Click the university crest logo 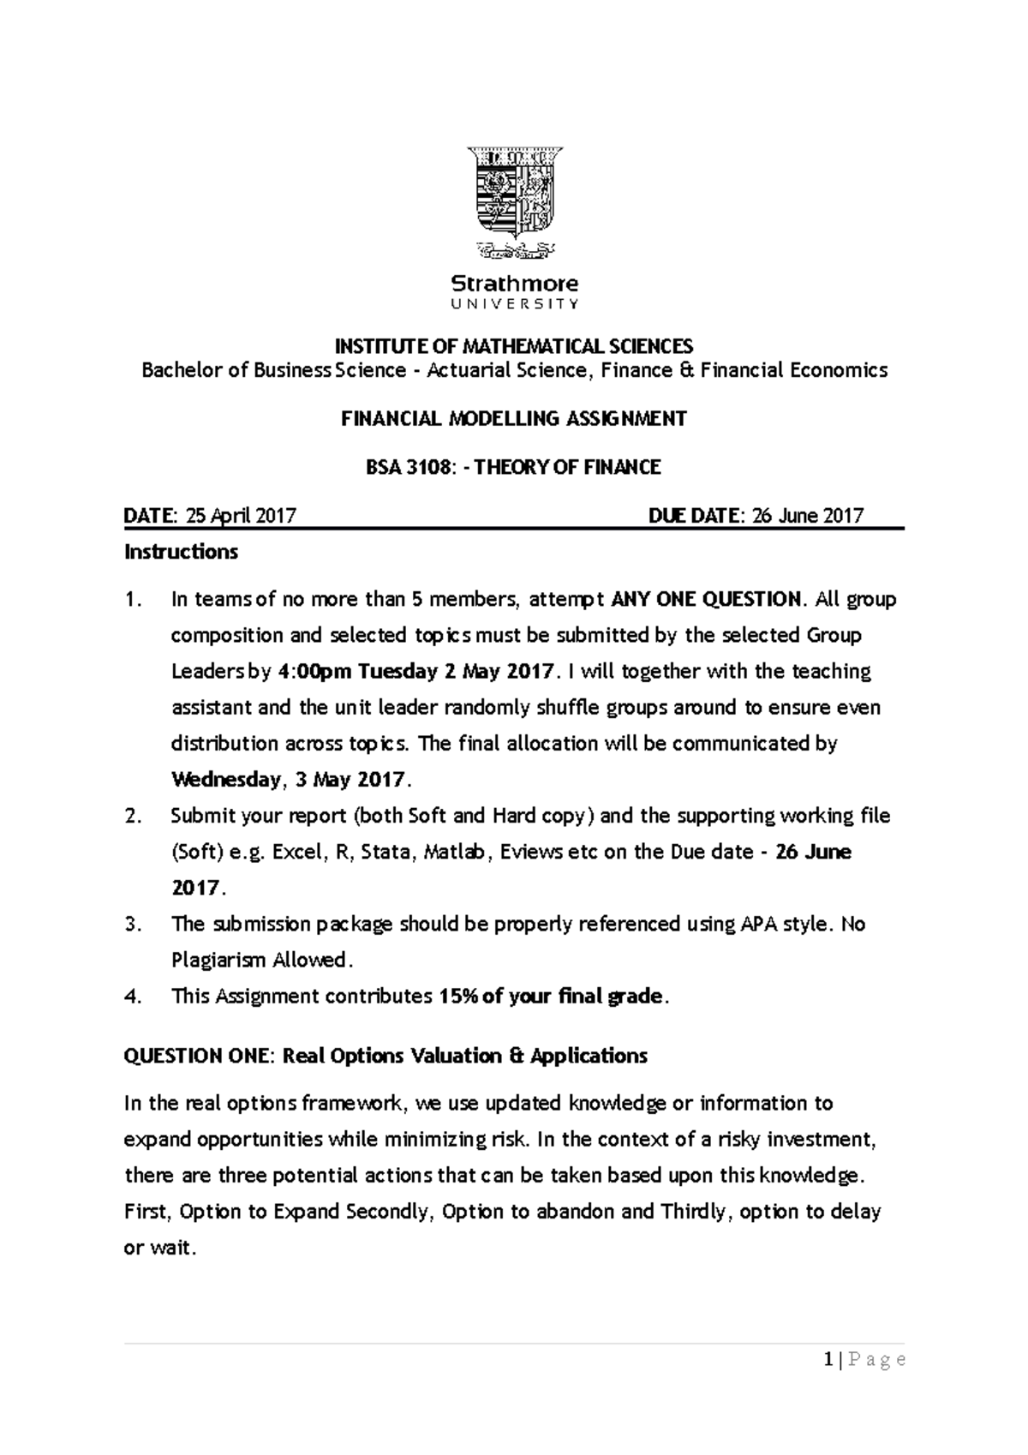pyautogui.click(x=514, y=201)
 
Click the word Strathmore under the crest pyautogui.click(x=514, y=283)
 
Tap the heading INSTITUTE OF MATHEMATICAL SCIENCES pyautogui.click(x=513, y=346)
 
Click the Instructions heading pyautogui.click(x=181, y=552)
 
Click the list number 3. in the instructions pyautogui.click(x=132, y=924)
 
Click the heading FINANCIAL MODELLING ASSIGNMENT pyautogui.click(x=514, y=419)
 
